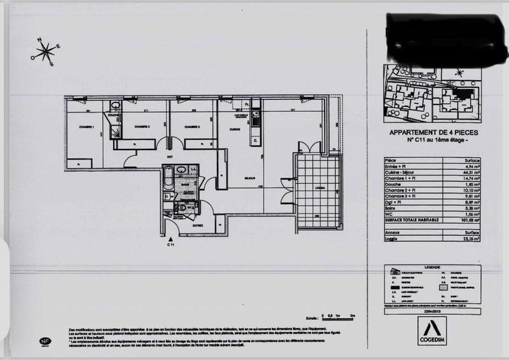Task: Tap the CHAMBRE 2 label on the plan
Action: (x=141, y=127)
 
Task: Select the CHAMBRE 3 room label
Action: (x=192, y=127)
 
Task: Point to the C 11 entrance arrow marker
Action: (x=170, y=239)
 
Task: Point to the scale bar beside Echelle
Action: (x=338, y=315)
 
